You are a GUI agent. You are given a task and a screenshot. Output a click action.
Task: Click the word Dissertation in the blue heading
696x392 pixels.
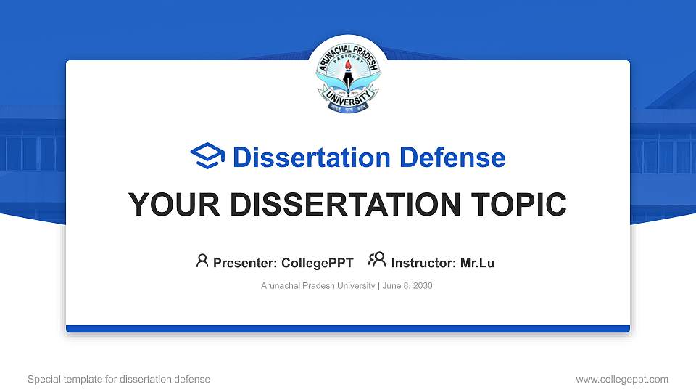pyautogui.click(x=302, y=158)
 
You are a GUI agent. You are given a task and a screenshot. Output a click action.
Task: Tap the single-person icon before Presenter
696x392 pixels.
pyautogui.click(x=202, y=261)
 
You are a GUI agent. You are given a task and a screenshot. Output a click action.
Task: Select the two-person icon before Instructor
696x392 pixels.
pyautogui.click(x=377, y=261)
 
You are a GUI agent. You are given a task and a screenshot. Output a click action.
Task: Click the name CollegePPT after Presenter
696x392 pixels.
pyautogui.click(x=318, y=263)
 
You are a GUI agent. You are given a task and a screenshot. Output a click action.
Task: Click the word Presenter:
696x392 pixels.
pyautogui.click(x=245, y=263)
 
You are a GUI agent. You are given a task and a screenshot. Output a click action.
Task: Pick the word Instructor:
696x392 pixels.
pyautogui.click(x=424, y=263)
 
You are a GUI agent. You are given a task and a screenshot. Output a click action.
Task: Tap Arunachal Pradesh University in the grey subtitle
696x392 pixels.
pyautogui.click(x=318, y=286)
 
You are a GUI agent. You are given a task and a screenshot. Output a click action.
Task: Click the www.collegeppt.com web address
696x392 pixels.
pyautogui.click(x=621, y=379)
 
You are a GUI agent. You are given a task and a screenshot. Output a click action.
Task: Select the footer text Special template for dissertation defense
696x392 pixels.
pyautogui.click(x=119, y=379)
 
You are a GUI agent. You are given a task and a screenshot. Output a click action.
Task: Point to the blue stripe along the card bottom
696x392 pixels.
pyautogui.click(x=348, y=329)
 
